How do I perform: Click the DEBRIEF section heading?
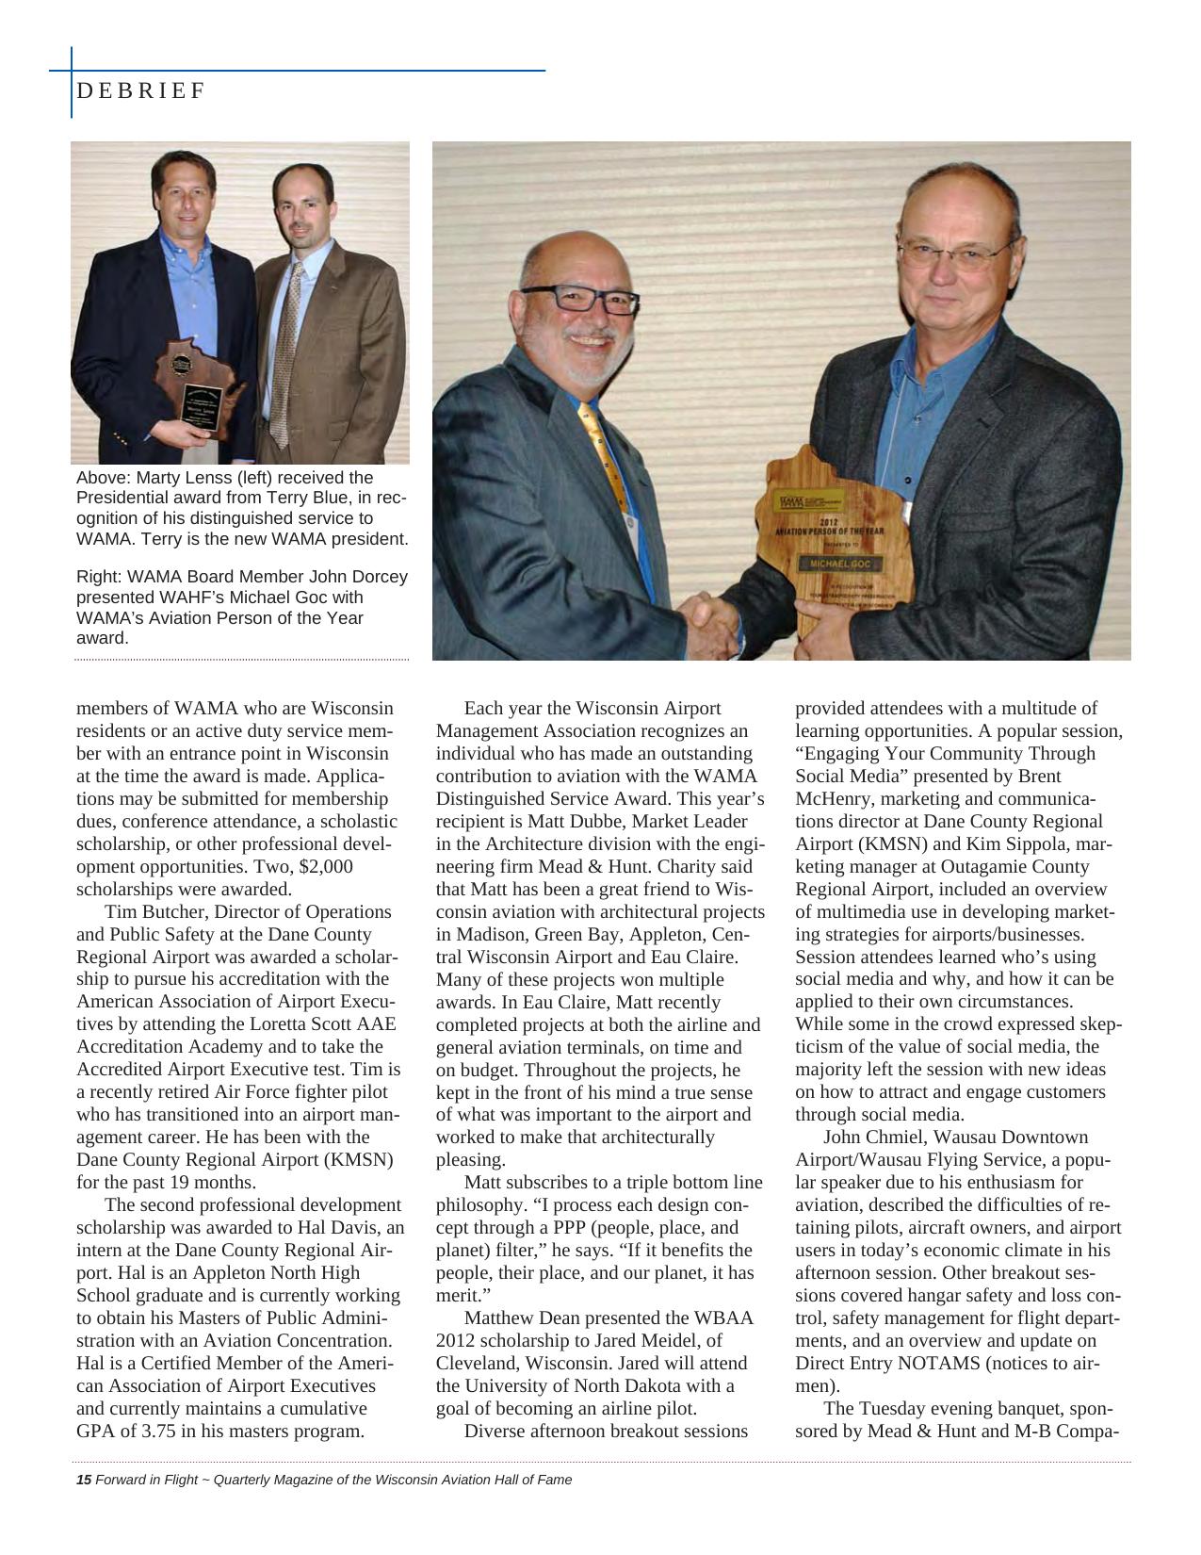coord(140,90)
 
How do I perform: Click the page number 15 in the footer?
coord(83,1480)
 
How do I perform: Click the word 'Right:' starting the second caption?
coord(98,577)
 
